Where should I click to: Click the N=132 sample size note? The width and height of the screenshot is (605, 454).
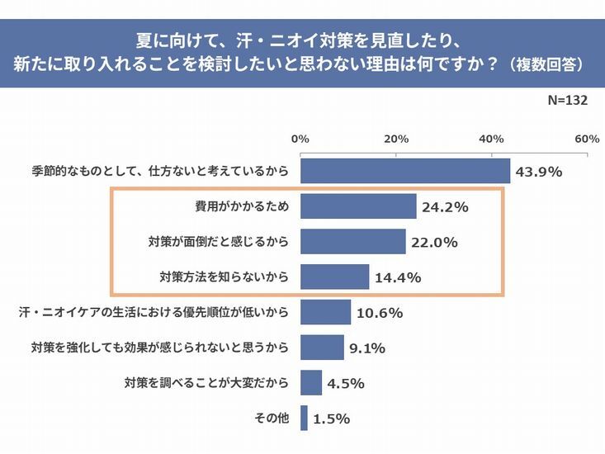click(567, 100)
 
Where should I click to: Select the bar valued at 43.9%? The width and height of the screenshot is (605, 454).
click(405, 172)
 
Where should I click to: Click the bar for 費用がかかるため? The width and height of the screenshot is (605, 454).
click(358, 206)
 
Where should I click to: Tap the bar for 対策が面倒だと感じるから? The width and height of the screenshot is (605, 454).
click(353, 242)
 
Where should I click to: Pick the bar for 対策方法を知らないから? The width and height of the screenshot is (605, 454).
click(335, 277)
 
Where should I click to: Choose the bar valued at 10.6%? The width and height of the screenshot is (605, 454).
click(326, 312)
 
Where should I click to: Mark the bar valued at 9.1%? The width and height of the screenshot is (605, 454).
click(322, 348)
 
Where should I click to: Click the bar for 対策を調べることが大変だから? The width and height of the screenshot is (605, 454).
click(311, 383)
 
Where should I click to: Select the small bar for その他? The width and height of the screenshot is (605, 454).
click(304, 418)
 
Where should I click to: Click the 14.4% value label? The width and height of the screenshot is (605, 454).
click(399, 277)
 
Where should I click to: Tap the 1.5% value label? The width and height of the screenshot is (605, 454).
click(331, 419)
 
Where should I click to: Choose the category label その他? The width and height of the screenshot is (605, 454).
click(272, 418)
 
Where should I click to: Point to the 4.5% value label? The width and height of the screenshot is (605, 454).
click(346, 383)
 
